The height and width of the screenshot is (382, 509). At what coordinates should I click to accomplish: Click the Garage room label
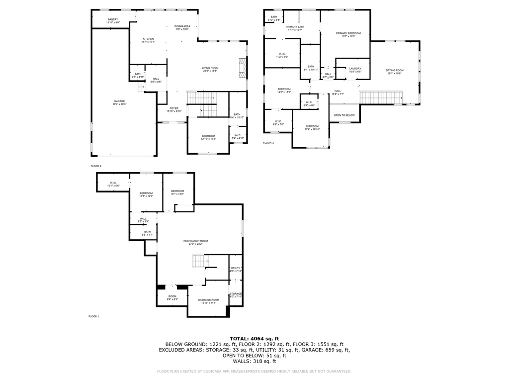coord(119,102)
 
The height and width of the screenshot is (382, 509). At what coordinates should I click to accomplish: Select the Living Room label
coord(210,69)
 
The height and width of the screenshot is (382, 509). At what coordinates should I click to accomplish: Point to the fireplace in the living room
coord(242,68)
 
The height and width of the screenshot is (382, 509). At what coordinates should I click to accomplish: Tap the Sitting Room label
coord(395,72)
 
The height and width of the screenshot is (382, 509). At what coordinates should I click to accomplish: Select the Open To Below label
coord(344,115)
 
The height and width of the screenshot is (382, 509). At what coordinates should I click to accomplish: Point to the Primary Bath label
coord(295,28)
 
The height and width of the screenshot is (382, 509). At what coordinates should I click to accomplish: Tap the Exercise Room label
coord(209,301)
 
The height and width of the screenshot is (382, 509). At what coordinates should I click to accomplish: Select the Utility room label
coord(236,270)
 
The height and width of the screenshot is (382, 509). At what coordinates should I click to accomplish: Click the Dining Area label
coord(182,27)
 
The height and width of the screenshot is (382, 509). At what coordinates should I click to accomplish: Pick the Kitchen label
coord(148,40)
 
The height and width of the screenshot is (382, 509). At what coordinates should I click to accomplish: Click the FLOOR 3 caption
coord(268,143)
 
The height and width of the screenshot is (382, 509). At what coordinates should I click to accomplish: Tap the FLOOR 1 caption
coord(94,316)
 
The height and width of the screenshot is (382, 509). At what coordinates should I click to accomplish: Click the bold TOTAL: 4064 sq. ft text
coord(254,338)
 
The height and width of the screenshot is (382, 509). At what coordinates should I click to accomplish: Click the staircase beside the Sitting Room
coord(380,97)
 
